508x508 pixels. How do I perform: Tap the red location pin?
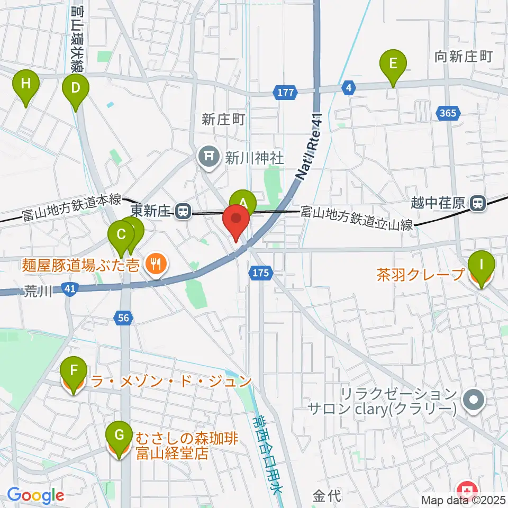click(237, 221)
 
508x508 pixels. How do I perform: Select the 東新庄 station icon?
click(183, 212)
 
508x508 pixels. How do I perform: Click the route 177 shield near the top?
click(285, 93)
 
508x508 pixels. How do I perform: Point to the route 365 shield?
click(449, 113)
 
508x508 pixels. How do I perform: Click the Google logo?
click(35, 495)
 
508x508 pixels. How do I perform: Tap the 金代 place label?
click(326, 496)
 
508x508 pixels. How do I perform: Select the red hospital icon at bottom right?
click(467, 490)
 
